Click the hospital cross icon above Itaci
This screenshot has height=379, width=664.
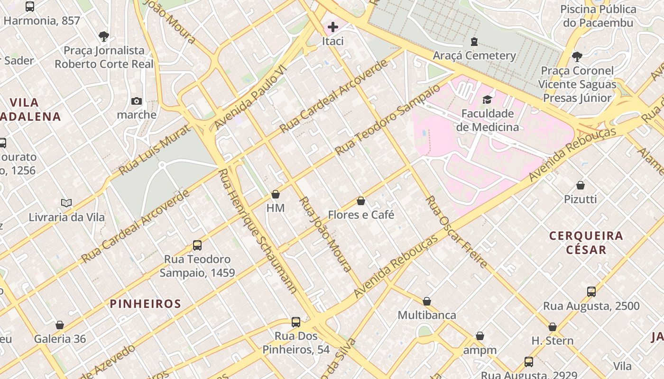pyautogui.click(x=333, y=27)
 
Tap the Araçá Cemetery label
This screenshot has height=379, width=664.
pyautogui.click(x=474, y=55)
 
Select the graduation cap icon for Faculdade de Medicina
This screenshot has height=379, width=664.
pyautogui.click(x=487, y=99)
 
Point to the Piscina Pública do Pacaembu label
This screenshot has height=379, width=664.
pyautogui.click(x=598, y=16)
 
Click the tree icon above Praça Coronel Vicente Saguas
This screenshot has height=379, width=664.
pyautogui.click(x=577, y=57)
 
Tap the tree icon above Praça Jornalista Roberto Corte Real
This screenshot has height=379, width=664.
pyautogui.click(x=104, y=36)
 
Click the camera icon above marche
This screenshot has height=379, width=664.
pyautogui.click(x=137, y=101)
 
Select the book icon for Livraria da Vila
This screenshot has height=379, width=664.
pyautogui.click(x=66, y=203)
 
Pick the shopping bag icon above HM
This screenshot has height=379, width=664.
pyautogui.click(x=276, y=194)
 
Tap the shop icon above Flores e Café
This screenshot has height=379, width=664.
pyautogui.click(x=361, y=201)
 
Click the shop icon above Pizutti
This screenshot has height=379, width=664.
pyautogui.click(x=581, y=185)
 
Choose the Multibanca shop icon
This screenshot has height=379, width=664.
pyautogui.click(x=427, y=301)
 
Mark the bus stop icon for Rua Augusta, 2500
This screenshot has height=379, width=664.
pyautogui.click(x=591, y=292)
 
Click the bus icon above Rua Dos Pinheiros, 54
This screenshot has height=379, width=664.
pyautogui.click(x=296, y=322)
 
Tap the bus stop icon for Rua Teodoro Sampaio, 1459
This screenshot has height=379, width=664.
pyautogui.click(x=197, y=245)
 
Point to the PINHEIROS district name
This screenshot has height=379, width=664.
pyautogui.click(x=146, y=304)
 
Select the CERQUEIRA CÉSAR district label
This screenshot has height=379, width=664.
pyautogui.click(x=586, y=243)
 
